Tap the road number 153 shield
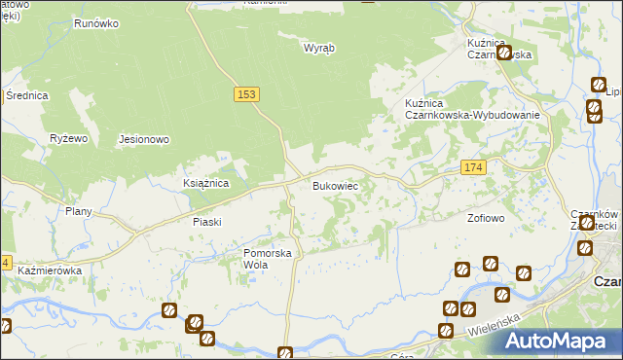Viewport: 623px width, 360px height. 246,93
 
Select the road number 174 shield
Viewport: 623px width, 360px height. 473,168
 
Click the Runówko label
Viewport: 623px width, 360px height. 95,19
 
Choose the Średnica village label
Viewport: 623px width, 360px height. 26,95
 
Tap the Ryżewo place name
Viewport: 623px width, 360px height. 69,139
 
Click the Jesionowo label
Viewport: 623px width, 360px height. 144,139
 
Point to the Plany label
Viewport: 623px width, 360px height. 78,211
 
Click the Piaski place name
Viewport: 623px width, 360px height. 207,222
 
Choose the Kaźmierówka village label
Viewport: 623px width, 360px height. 49,270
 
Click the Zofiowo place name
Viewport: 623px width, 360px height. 486,218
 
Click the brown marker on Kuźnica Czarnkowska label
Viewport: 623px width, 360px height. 504,53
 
